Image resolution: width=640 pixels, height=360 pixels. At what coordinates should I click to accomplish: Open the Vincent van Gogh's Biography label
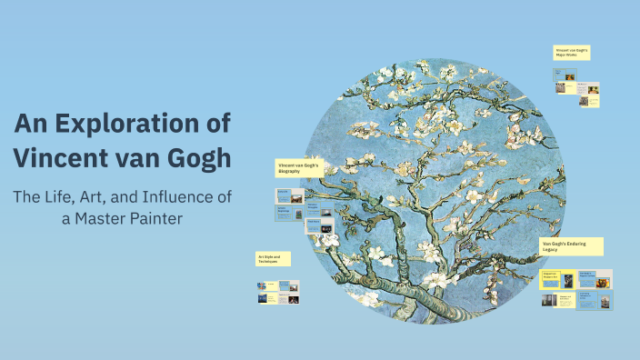(x=299, y=168)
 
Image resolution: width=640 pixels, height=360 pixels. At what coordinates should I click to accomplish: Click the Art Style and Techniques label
(x=272, y=260)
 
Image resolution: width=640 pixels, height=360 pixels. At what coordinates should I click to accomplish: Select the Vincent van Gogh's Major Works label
(x=572, y=53)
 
